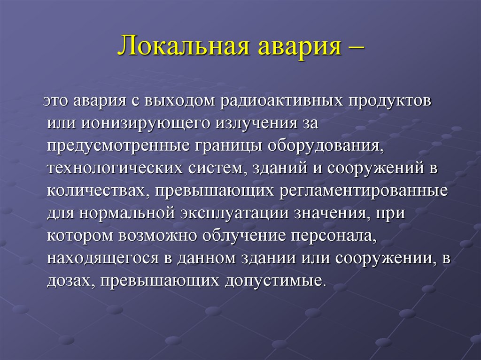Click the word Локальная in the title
179,48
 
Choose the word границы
227,146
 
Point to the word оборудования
326,146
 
